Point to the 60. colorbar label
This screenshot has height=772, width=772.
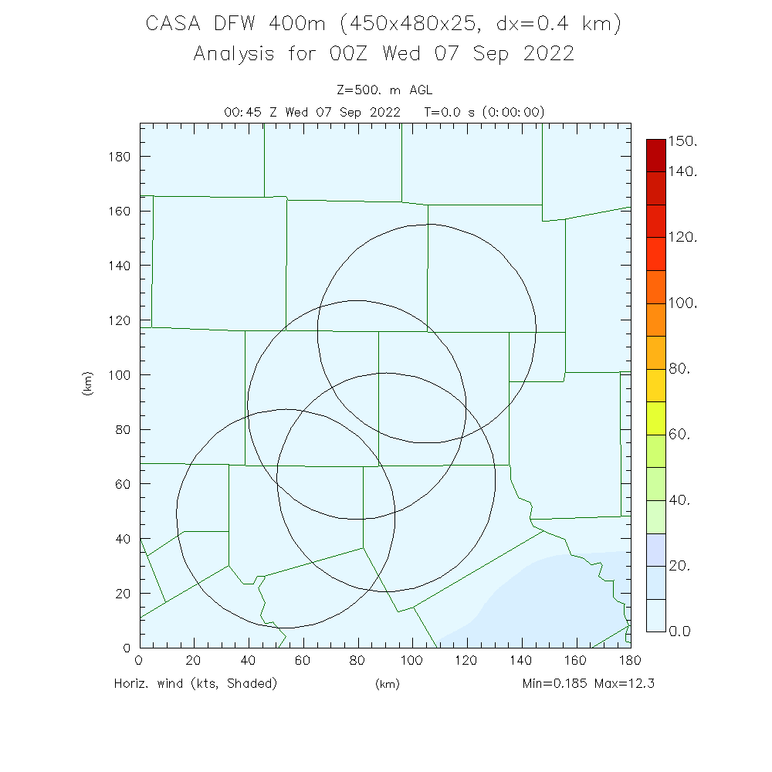(679, 435)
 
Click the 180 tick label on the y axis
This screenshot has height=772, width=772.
(119, 156)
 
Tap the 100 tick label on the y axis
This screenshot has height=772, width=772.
(119, 374)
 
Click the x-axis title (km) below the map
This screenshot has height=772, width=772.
(387, 684)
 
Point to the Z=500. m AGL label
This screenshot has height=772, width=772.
(384, 91)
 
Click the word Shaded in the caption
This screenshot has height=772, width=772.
(249, 683)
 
